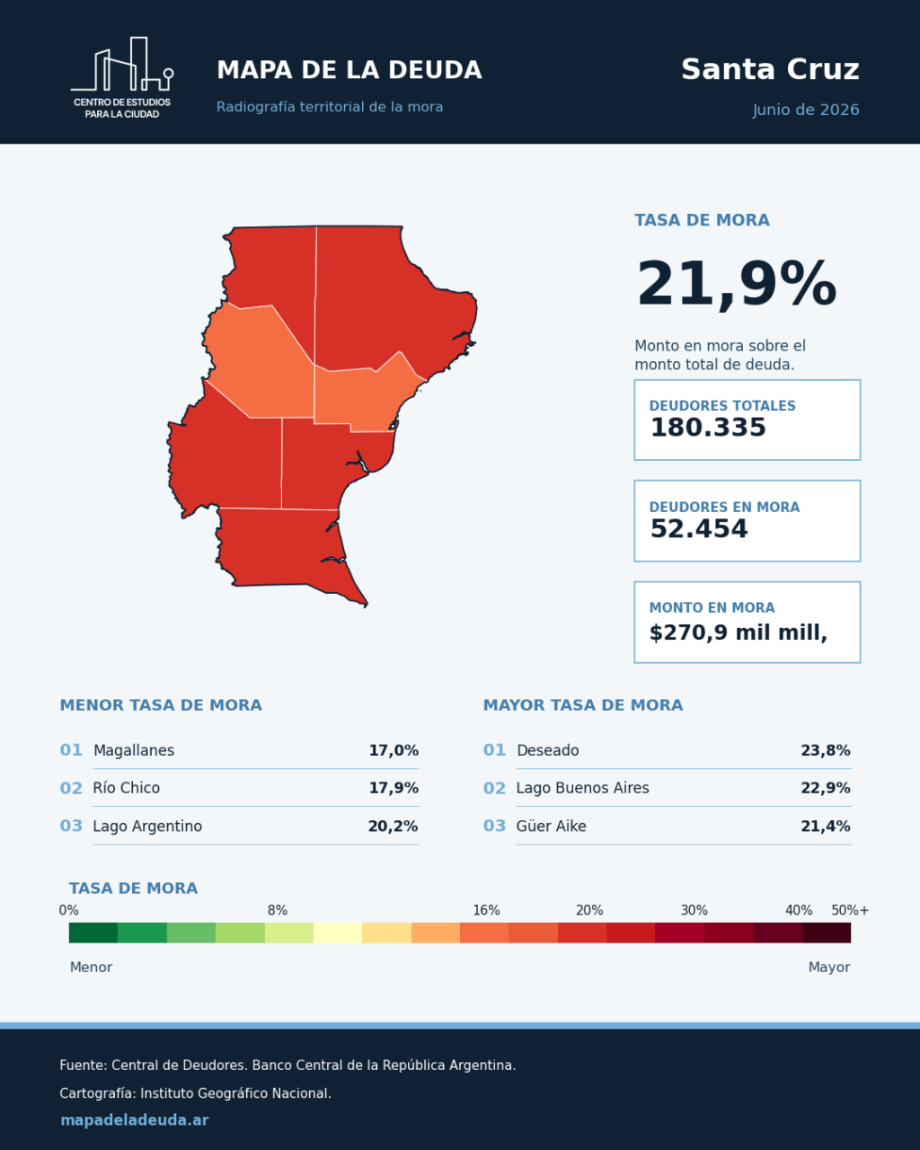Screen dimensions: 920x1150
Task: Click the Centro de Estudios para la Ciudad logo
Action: point(122,78)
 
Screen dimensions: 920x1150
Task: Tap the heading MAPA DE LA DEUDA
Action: point(349,71)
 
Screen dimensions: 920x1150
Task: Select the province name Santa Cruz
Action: point(770,69)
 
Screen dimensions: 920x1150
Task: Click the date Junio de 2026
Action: point(806,110)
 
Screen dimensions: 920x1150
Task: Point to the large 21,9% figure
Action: point(736,284)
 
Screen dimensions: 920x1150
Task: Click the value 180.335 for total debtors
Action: point(708,428)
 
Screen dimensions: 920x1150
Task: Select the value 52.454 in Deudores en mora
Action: point(699,529)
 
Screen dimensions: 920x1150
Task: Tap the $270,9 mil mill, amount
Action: point(739,632)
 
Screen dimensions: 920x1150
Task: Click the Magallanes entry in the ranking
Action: point(134,750)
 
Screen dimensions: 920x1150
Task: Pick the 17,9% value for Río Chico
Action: point(394,788)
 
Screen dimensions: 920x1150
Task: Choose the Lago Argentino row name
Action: point(147,827)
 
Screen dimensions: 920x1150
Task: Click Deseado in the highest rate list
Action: point(547,750)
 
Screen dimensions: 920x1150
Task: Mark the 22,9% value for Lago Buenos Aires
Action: point(826,788)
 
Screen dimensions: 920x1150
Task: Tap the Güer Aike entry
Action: point(551,827)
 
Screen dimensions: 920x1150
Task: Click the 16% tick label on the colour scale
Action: point(486,910)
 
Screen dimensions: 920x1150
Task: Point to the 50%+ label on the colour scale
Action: point(850,910)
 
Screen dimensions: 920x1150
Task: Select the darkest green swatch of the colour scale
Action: point(93,933)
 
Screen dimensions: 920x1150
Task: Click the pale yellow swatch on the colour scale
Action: point(338,933)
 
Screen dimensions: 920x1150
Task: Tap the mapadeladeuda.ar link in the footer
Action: point(134,1120)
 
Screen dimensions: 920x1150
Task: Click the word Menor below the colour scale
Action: point(91,968)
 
